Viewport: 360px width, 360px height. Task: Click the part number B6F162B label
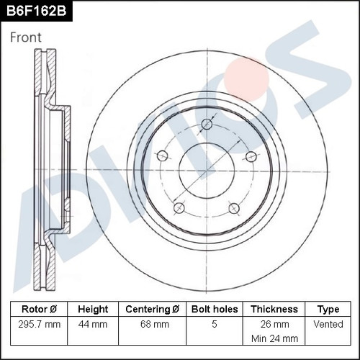tap(36, 11)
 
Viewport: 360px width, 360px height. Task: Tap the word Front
tap(26, 37)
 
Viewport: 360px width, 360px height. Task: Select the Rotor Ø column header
tap(39, 309)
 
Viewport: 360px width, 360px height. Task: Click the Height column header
tap(93, 309)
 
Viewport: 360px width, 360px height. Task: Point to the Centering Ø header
tap(152, 309)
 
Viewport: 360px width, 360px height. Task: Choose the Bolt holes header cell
tap(215, 309)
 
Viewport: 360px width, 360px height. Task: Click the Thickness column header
tap(274, 309)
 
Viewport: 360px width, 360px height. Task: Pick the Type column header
tap(328, 310)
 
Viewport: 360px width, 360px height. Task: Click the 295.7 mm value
tap(40, 325)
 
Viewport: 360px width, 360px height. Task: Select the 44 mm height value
tap(93, 325)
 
